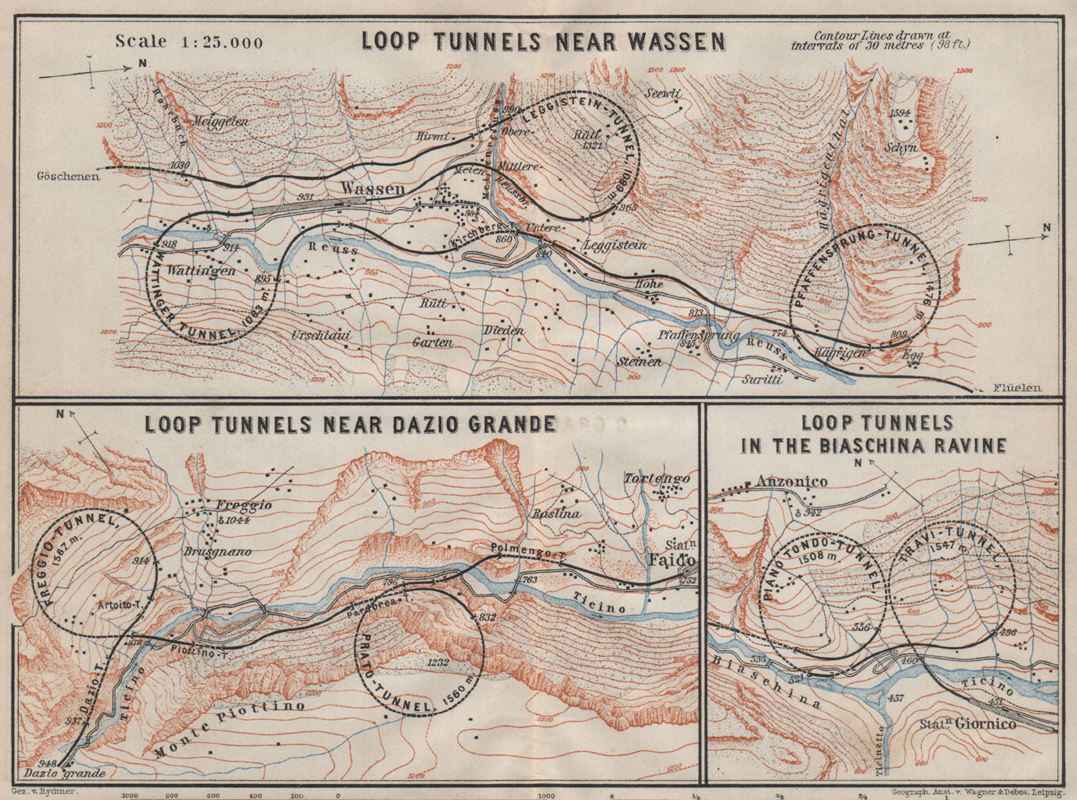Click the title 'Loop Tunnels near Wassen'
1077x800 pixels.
point(544,41)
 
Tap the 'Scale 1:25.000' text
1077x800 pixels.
point(189,41)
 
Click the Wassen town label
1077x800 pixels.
point(373,189)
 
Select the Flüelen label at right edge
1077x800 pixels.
point(1016,387)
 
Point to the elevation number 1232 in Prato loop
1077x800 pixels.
point(437,663)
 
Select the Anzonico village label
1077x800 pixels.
point(781,481)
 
